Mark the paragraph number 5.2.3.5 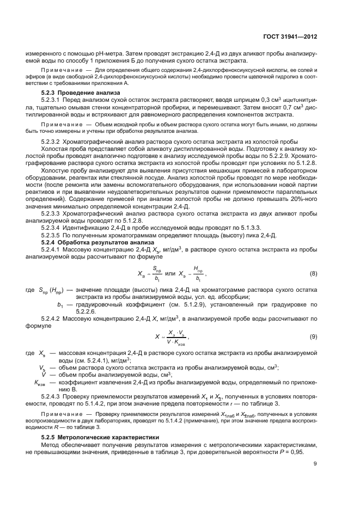coord(52,235)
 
